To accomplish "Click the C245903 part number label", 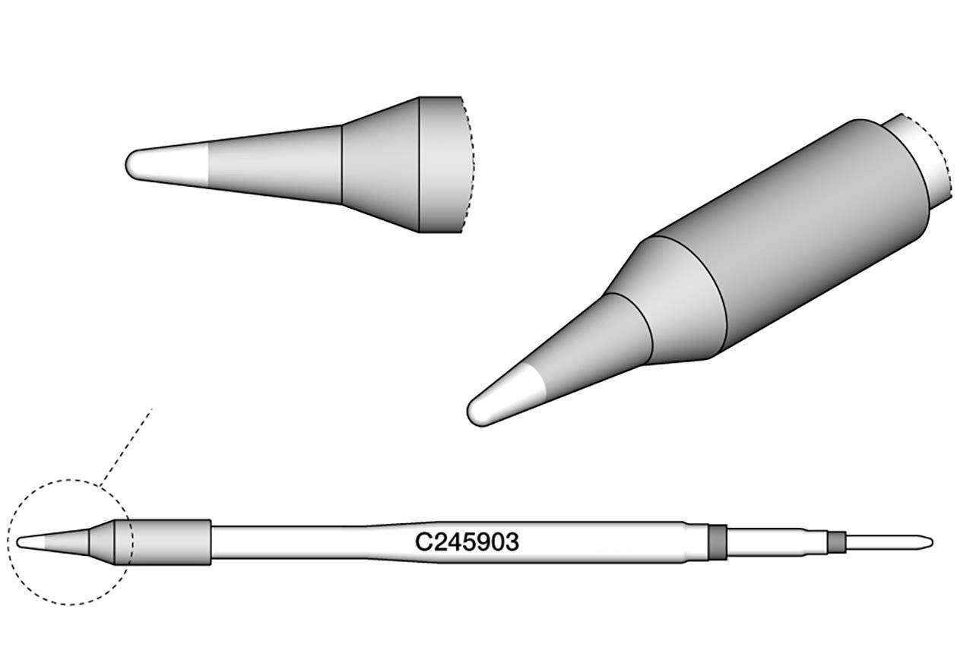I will [x=467, y=542].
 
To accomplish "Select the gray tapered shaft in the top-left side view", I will [x=274, y=165].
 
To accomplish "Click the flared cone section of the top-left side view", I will [x=380, y=165].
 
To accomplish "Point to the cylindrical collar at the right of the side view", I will [x=441, y=165].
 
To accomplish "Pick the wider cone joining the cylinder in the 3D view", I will [x=677, y=296].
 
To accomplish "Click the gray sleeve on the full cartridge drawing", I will [x=171, y=542].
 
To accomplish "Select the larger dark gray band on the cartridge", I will [x=716, y=542].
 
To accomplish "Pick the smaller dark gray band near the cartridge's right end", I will [x=836, y=542].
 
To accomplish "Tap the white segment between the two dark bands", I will [x=775, y=542].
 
